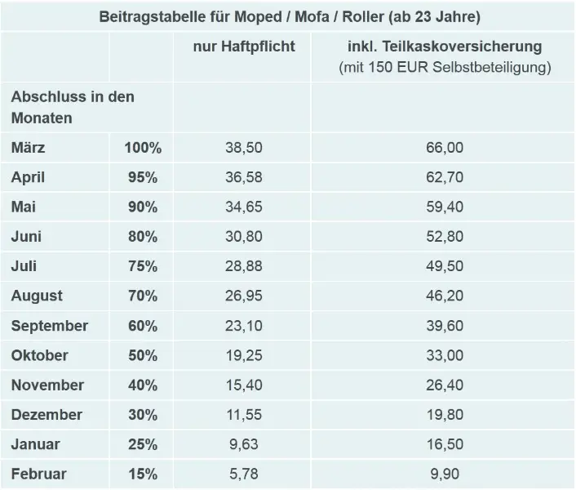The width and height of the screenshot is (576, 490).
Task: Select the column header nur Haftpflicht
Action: (x=244, y=47)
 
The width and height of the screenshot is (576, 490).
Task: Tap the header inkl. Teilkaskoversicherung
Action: (x=444, y=47)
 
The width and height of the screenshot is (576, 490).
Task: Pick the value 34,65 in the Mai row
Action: (x=244, y=207)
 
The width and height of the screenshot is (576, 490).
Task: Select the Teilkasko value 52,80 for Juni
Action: (x=444, y=237)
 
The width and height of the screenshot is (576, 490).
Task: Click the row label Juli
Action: (x=24, y=266)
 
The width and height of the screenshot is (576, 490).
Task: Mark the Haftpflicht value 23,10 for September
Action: (x=244, y=325)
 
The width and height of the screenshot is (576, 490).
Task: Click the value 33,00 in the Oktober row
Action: (x=444, y=355)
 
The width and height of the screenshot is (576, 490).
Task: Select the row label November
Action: (x=47, y=385)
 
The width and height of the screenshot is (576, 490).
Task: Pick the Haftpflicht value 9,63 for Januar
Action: (x=244, y=443)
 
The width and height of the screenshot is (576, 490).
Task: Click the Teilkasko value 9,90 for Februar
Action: (x=444, y=473)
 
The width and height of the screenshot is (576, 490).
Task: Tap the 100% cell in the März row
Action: (x=142, y=148)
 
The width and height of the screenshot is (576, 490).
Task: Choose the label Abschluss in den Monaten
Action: (x=73, y=106)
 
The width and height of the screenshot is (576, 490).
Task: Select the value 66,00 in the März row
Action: (x=444, y=148)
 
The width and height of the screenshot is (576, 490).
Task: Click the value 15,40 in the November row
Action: (x=244, y=385)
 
